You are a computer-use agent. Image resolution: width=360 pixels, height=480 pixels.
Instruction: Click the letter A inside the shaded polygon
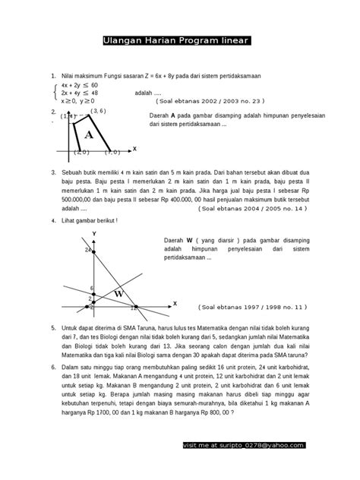click(x=89, y=135)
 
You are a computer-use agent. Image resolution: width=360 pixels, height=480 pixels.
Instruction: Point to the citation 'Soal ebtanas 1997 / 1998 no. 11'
click(x=252, y=308)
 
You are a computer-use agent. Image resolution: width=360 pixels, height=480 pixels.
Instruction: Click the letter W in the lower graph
click(x=118, y=293)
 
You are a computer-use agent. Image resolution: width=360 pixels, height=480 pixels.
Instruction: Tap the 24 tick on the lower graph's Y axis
click(x=88, y=249)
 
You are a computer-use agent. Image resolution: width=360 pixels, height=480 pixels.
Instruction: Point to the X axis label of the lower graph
click(x=174, y=303)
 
